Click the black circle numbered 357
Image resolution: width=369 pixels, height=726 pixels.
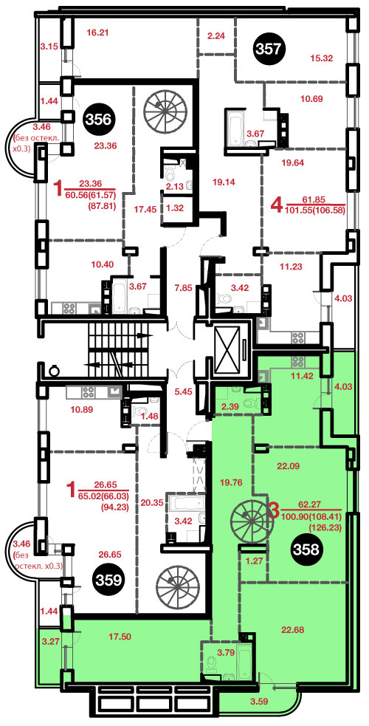(270, 48)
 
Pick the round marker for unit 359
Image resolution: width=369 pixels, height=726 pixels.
(108, 579)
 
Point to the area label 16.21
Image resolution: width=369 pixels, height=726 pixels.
(97, 32)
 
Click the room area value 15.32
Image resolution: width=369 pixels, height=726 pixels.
(321, 58)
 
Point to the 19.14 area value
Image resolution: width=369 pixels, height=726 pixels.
(225, 182)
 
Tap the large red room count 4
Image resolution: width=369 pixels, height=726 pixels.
(276, 205)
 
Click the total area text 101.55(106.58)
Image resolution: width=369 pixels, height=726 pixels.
(317, 210)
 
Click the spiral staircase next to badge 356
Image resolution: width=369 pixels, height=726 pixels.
(162, 108)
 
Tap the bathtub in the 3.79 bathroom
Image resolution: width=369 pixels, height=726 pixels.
(244, 660)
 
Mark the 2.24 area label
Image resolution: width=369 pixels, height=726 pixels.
(216, 36)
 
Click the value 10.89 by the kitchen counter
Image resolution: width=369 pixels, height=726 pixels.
(80, 409)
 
